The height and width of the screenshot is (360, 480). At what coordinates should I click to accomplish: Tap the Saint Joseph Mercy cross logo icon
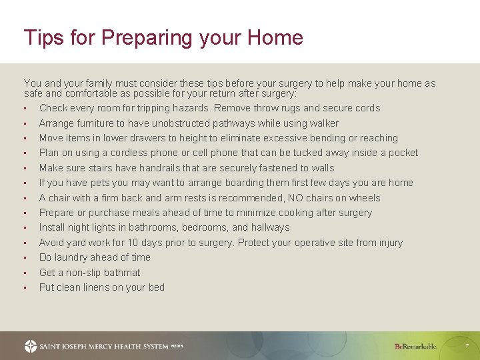click(x=31, y=346)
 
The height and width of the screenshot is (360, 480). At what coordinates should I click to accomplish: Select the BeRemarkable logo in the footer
click(x=415, y=346)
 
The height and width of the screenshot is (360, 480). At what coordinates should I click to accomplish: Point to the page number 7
click(x=467, y=346)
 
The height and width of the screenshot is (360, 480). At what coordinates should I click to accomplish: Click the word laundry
click(x=73, y=257)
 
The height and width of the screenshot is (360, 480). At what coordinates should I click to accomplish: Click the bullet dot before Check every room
click(x=25, y=109)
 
